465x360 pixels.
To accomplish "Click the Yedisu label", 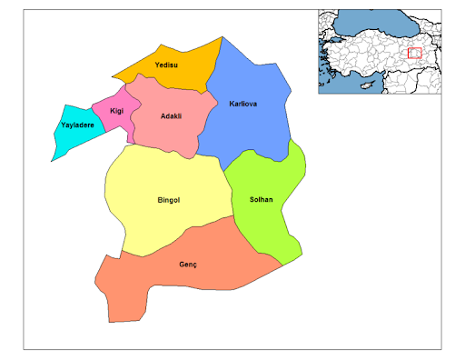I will (x=165, y=66).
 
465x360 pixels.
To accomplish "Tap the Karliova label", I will (x=242, y=105).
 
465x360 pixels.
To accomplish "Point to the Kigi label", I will (x=116, y=111).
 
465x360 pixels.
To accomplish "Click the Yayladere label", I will (x=77, y=125).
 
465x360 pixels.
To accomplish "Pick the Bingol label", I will (x=171, y=200).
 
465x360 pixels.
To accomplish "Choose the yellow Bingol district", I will (x=154, y=218).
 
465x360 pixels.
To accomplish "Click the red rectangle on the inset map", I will (x=415, y=53).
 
